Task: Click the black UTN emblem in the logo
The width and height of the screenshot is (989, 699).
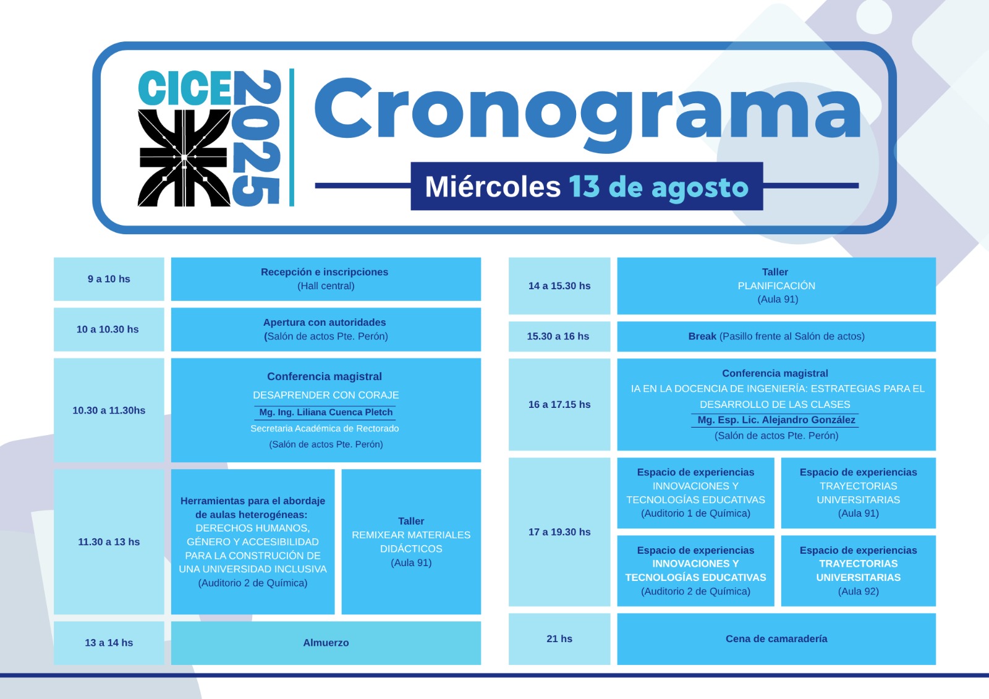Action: coord(184,158)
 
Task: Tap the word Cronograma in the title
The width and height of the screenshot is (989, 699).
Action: coord(587,114)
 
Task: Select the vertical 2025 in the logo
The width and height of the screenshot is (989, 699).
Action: coord(257,138)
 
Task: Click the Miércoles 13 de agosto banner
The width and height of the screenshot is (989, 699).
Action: coord(587,186)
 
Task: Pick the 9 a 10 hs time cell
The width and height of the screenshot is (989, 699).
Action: coord(109,279)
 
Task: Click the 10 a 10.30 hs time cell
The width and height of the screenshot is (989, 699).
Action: coord(109,329)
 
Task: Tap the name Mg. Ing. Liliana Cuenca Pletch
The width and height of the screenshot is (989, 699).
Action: coord(325,412)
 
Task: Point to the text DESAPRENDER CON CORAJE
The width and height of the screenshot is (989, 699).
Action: coord(326,395)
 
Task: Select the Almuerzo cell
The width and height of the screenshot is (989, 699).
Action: coord(326,643)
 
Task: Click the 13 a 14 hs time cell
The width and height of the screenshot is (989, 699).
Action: coord(109,643)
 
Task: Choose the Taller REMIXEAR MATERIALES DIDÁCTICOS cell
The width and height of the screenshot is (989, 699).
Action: coord(411,542)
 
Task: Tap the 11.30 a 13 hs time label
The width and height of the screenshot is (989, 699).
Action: coord(109,542)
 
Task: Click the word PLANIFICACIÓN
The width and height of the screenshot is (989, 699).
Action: coord(776,286)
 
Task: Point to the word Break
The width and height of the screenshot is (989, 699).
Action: coord(702,336)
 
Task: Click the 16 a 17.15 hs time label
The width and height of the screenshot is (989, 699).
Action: coord(559,404)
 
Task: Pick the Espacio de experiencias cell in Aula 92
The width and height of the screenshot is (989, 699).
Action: coord(859,571)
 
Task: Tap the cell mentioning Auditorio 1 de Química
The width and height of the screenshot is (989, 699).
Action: coord(696,493)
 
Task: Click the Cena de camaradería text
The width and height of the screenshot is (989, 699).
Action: coord(776,639)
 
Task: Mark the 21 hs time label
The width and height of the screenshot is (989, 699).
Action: coord(559,639)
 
